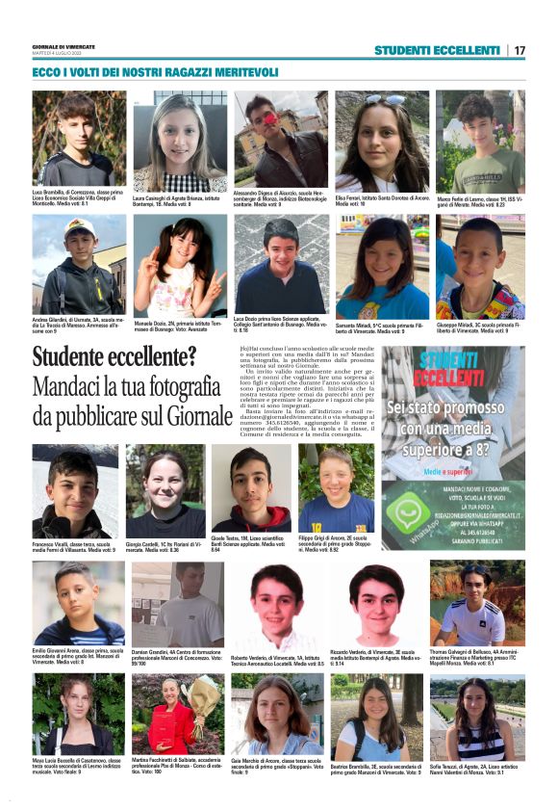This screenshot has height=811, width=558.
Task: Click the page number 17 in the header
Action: (x=520, y=50)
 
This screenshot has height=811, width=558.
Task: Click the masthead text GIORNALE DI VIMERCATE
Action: (x=64, y=46)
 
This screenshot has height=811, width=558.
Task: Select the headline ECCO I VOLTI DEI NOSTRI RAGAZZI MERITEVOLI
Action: (x=155, y=72)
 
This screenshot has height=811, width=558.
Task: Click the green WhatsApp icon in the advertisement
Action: (x=408, y=511)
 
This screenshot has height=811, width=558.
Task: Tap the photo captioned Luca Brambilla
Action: (x=79, y=139)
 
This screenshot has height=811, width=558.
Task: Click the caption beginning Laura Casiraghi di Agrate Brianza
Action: (x=179, y=200)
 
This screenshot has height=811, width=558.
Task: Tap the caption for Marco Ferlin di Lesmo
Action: (x=480, y=200)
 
